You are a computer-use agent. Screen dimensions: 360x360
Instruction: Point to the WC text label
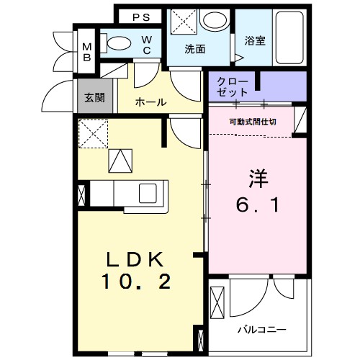pos(145,45)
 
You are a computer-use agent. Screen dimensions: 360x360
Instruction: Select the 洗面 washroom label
pos(194,50)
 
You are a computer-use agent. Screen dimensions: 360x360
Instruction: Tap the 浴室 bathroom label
pos(255,41)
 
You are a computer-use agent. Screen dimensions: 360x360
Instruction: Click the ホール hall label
pos(151,102)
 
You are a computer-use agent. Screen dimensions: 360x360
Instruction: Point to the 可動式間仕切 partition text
pos(253,122)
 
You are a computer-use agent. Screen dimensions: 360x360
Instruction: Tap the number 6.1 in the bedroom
pos(258,206)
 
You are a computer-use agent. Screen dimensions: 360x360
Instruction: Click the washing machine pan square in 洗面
pos(181,21)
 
